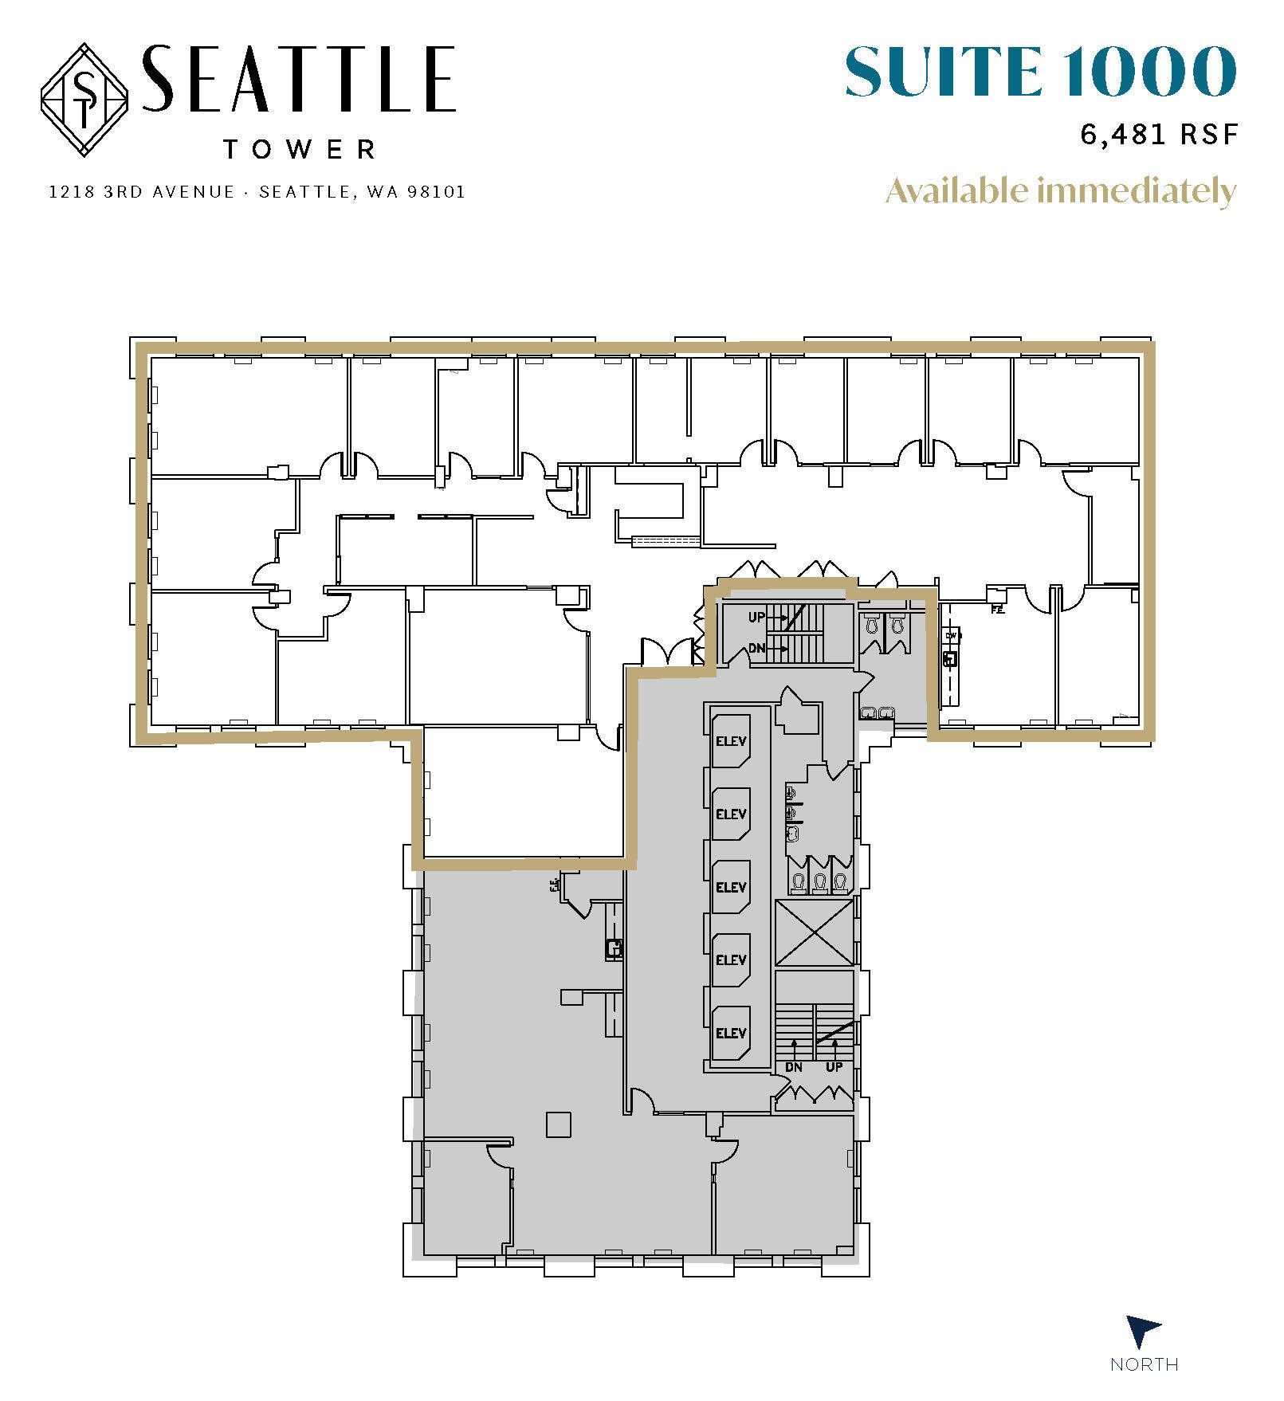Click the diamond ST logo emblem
click(84, 100)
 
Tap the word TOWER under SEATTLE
click(299, 149)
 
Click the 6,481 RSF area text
click(1159, 134)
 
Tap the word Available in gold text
click(958, 191)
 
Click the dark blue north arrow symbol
click(1141, 1332)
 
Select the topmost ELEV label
click(731, 741)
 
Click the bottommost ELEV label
click(731, 1034)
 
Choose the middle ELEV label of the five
click(731, 887)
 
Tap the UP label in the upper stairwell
click(756, 617)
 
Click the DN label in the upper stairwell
click(756, 648)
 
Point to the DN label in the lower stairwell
click(794, 1067)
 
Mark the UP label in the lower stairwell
click(834, 1067)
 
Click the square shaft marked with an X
click(814, 932)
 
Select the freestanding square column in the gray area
click(559, 1124)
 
